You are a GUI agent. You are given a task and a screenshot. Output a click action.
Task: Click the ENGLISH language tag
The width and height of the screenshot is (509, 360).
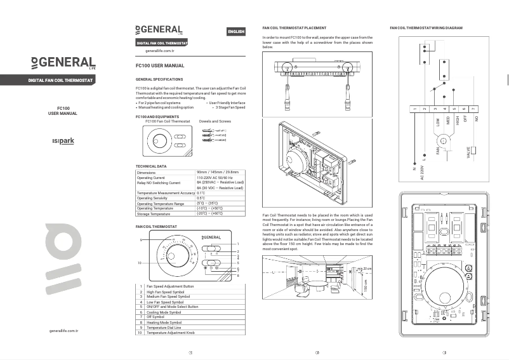(235, 32)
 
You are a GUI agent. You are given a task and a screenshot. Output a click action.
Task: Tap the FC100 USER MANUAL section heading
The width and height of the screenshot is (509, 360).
(160, 65)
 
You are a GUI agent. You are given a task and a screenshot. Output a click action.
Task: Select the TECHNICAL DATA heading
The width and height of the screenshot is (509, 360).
(151, 166)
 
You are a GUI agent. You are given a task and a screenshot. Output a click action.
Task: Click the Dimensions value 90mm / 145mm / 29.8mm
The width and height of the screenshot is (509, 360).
(218, 172)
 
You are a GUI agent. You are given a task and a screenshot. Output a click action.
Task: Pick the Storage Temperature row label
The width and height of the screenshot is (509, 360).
(154, 214)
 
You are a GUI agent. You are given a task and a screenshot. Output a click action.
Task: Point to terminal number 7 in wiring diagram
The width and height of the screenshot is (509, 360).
(473, 109)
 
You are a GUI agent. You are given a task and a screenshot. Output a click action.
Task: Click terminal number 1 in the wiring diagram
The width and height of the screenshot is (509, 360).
(414, 109)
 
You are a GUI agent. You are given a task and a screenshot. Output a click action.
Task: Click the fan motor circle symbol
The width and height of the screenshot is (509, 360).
(444, 139)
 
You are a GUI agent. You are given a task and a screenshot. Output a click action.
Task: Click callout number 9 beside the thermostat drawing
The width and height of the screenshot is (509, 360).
(140, 239)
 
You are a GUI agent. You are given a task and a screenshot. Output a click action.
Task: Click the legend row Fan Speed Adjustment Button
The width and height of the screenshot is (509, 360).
(170, 286)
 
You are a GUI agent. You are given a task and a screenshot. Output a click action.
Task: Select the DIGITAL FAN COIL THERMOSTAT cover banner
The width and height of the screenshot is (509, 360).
(61, 81)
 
